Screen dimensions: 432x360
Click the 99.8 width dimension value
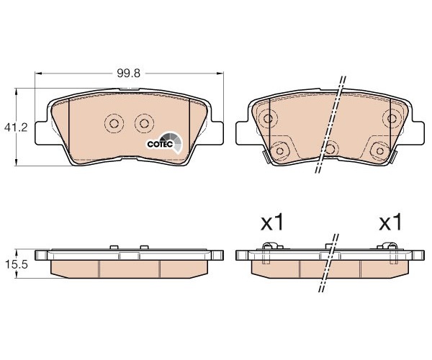click(x=128, y=73)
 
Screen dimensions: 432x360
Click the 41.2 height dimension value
click(x=16, y=127)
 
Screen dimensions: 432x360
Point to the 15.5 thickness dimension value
click(x=17, y=265)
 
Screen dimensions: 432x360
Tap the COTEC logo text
click(x=160, y=144)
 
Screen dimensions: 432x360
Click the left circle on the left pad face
click(x=114, y=123)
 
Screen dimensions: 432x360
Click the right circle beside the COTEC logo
click(x=144, y=123)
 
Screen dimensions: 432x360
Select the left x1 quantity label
click(x=272, y=222)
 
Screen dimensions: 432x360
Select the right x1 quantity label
click(x=391, y=222)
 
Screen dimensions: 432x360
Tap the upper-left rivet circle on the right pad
click(x=268, y=119)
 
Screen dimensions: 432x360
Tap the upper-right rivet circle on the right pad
click(x=392, y=119)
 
